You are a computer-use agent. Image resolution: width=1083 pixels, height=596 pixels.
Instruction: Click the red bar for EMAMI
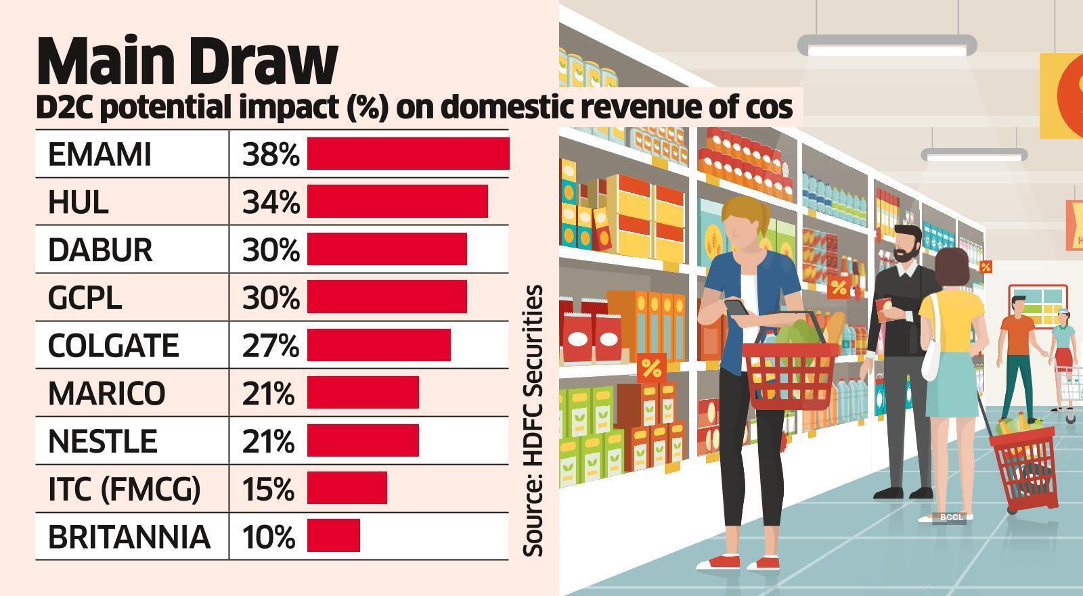click(408, 154)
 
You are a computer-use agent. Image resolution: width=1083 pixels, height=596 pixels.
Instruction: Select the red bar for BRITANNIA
click(334, 536)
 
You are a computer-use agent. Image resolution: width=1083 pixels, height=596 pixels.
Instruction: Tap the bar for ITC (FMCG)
click(347, 488)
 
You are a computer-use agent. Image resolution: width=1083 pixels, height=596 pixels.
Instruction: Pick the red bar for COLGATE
click(379, 345)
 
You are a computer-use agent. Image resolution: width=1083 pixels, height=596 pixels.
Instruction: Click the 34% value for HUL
click(271, 202)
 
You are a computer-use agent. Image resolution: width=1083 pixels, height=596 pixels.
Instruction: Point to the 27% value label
click(270, 346)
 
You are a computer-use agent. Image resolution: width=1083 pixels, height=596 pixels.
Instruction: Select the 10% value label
click(269, 537)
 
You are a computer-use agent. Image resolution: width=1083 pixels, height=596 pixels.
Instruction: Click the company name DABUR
click(100, 250)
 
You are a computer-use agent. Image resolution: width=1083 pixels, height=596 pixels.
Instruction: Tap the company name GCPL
click(85, 298)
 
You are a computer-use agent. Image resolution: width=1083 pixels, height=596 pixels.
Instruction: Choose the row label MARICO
click(106, 393)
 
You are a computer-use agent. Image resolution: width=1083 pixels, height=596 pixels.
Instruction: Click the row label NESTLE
click(103, 441)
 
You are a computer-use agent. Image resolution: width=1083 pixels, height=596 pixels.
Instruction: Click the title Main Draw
click(187, 62)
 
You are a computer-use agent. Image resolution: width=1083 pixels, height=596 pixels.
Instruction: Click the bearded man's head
click(906, 244)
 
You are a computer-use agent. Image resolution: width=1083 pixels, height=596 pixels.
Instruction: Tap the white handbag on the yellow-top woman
click(931, 359)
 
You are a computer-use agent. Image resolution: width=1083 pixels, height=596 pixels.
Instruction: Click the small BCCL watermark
click(951, 518)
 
